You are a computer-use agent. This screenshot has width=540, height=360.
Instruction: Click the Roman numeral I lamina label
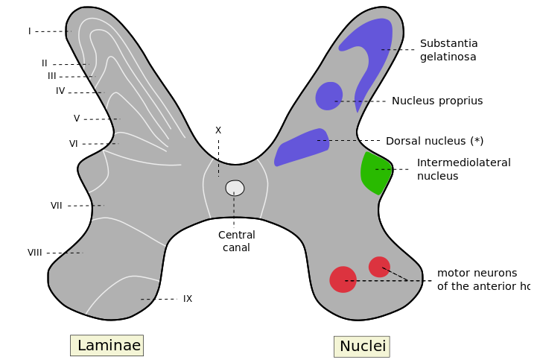pos(30,31)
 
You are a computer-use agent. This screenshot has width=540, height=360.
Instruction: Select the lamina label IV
pos(60,91)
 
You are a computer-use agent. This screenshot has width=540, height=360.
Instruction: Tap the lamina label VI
pos(74,144)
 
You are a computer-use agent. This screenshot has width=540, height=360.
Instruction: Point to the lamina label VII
pos(57,206)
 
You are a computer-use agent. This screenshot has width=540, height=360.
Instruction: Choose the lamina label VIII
pos(35,253)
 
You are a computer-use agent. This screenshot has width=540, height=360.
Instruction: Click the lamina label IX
pos(188,299)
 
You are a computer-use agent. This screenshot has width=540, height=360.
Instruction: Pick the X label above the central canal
pos(218,130)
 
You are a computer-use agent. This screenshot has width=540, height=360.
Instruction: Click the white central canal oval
pos(235,188)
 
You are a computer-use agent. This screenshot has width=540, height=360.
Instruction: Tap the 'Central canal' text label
pos(237,241)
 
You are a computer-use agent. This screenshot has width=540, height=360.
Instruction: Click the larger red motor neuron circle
pos(343,280)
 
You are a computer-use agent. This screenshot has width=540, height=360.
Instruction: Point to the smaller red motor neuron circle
pos(379,266)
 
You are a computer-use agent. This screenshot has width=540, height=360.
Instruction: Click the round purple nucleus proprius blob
pos(328,96)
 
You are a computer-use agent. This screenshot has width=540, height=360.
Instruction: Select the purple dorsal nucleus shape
pos(302,146)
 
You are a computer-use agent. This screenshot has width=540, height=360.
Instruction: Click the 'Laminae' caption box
pos(107,346)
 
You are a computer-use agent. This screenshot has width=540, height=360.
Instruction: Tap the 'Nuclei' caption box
pos(362,347)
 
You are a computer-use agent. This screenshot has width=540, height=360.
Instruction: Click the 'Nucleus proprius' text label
pos(437,101)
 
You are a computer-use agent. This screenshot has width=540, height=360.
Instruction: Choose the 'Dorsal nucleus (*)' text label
pos(434,141)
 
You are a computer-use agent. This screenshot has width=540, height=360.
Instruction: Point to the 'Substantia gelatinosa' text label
pos(448,50)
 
